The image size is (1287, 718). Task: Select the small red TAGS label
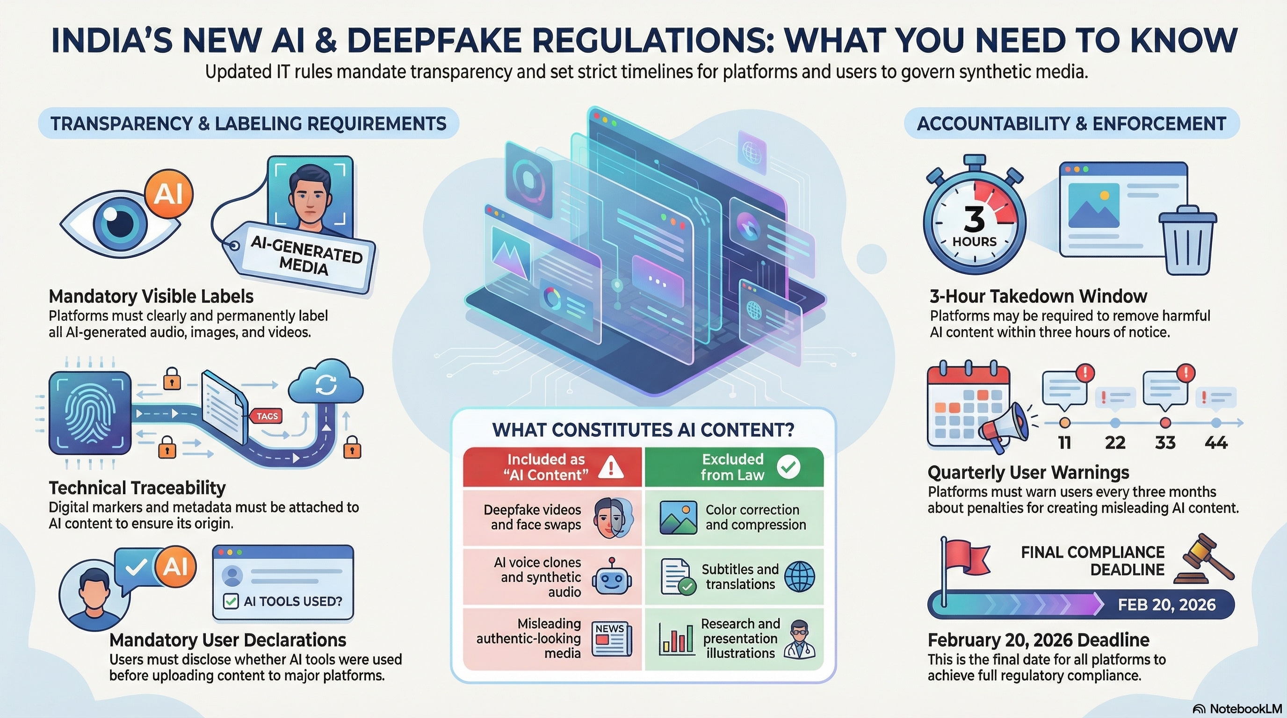267,416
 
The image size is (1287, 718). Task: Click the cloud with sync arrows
326,383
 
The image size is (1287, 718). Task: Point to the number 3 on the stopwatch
974,219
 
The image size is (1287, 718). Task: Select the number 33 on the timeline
1164,442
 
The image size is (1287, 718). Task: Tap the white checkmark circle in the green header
789,467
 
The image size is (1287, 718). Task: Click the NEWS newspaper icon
612,638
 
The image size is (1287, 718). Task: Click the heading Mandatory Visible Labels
151,296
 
